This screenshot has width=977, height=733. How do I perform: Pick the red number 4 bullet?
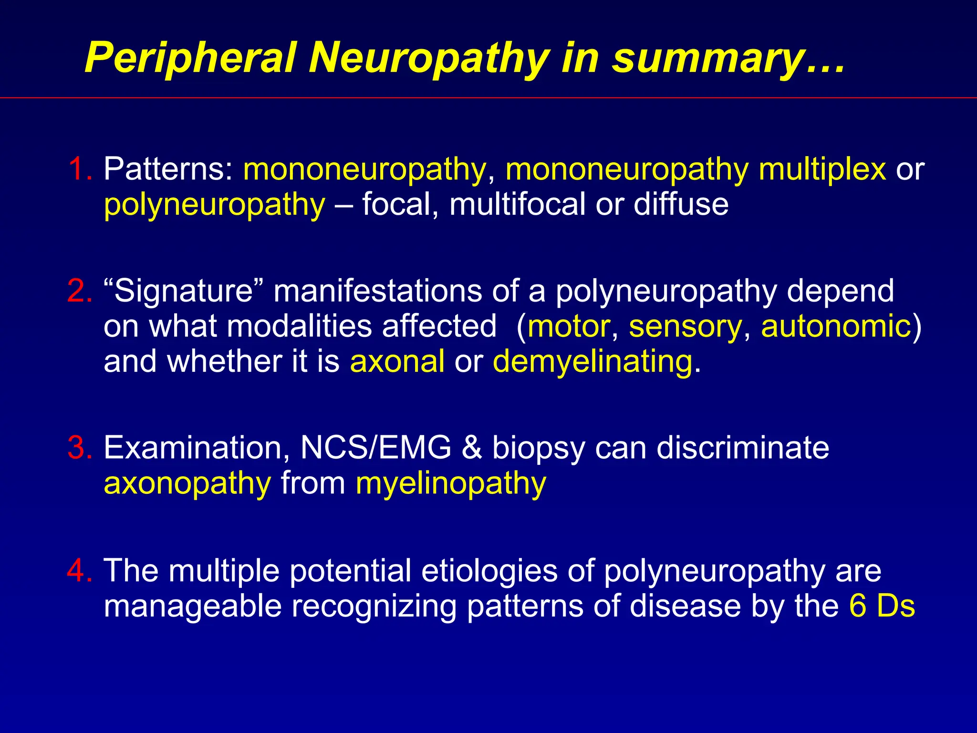(79, 570)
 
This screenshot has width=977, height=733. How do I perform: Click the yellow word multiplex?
(822, 169)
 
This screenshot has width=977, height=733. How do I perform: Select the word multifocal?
(517, 204)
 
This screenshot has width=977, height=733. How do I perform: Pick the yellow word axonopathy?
(187, 483)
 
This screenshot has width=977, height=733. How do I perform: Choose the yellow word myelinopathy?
(451, 483)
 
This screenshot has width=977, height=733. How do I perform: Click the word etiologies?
(489, 570)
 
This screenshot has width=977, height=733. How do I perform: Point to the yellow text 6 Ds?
(882, 606)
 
